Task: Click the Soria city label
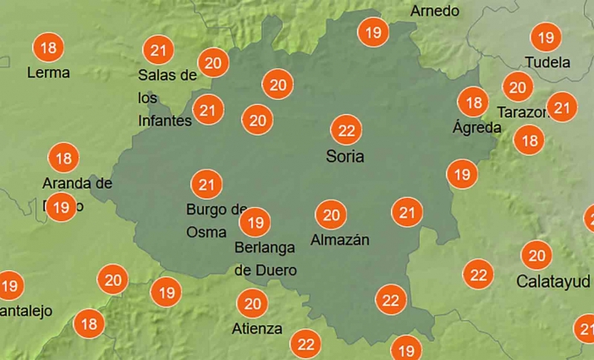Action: pos(344,156)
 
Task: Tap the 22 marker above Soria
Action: pos(345,131)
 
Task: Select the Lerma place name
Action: pos(48,72)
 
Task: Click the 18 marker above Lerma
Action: pos(48,47)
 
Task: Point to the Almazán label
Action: pos(339,240)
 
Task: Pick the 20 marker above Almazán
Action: pos(331,215)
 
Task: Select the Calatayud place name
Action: pos(553,281)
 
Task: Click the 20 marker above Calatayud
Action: pos(537,255)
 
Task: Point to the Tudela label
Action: pos(547,62)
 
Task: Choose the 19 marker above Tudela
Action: pos(546,37)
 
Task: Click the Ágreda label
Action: pos(477,127)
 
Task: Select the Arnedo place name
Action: pos(435,11)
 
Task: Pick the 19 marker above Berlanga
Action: pos(255,222)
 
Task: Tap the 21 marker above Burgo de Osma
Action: pos(206,184)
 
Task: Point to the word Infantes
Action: pos(165,121)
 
